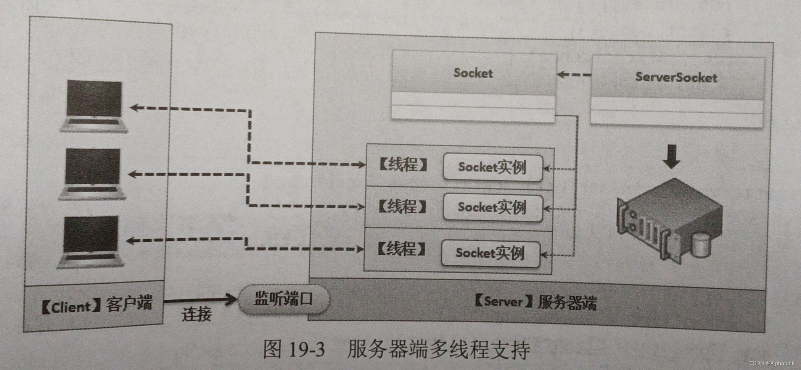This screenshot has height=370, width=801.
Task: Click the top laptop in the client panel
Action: point(94,106)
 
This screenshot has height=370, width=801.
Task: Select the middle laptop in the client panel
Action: point(92,174)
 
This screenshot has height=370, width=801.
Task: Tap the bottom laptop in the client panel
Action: point(91,242)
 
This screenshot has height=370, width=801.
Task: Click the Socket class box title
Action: point(473,73)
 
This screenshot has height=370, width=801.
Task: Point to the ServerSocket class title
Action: point(676,77)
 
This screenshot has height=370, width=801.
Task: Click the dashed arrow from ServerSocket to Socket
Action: point(574,74)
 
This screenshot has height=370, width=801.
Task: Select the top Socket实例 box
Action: point(492,167)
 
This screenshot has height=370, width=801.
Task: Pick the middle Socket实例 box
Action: point(492,207)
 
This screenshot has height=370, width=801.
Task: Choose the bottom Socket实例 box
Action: point(490,253)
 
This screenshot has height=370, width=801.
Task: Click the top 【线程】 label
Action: point(403,165)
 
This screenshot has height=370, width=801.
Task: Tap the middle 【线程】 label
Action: point(402,206)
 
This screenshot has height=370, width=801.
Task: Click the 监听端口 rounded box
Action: point(284,299)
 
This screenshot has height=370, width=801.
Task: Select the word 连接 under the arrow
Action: point(196,314)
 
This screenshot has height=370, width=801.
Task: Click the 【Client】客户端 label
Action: point(97,305)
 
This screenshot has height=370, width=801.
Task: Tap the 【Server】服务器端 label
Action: point(535,302)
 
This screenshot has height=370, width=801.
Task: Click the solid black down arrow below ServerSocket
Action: point(671,156)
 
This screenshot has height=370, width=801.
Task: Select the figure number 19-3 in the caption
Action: point(307,349)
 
